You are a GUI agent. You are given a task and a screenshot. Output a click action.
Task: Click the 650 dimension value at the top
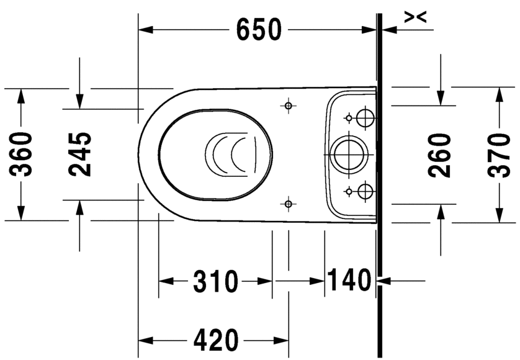[x=259, y=29]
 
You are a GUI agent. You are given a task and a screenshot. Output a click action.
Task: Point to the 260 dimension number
[x=440, y=155]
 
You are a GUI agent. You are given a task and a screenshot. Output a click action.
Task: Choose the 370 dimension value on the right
[x=498, y=155]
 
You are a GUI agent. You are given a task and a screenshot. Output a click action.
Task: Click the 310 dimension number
[x=215, y=282]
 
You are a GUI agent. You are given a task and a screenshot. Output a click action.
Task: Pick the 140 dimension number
[x=349, y=281]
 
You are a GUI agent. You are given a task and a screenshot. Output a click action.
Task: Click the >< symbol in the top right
[x=415, y=18]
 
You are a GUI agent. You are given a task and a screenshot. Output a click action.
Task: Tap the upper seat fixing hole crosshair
[x=287, y=106]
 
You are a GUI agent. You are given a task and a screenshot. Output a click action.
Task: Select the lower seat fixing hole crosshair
[x=287, y=203]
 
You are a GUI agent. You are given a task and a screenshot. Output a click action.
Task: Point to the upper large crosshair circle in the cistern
[x=365, y=117]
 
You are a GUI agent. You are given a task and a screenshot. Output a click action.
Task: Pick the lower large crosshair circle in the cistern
[x=365, y=191]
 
